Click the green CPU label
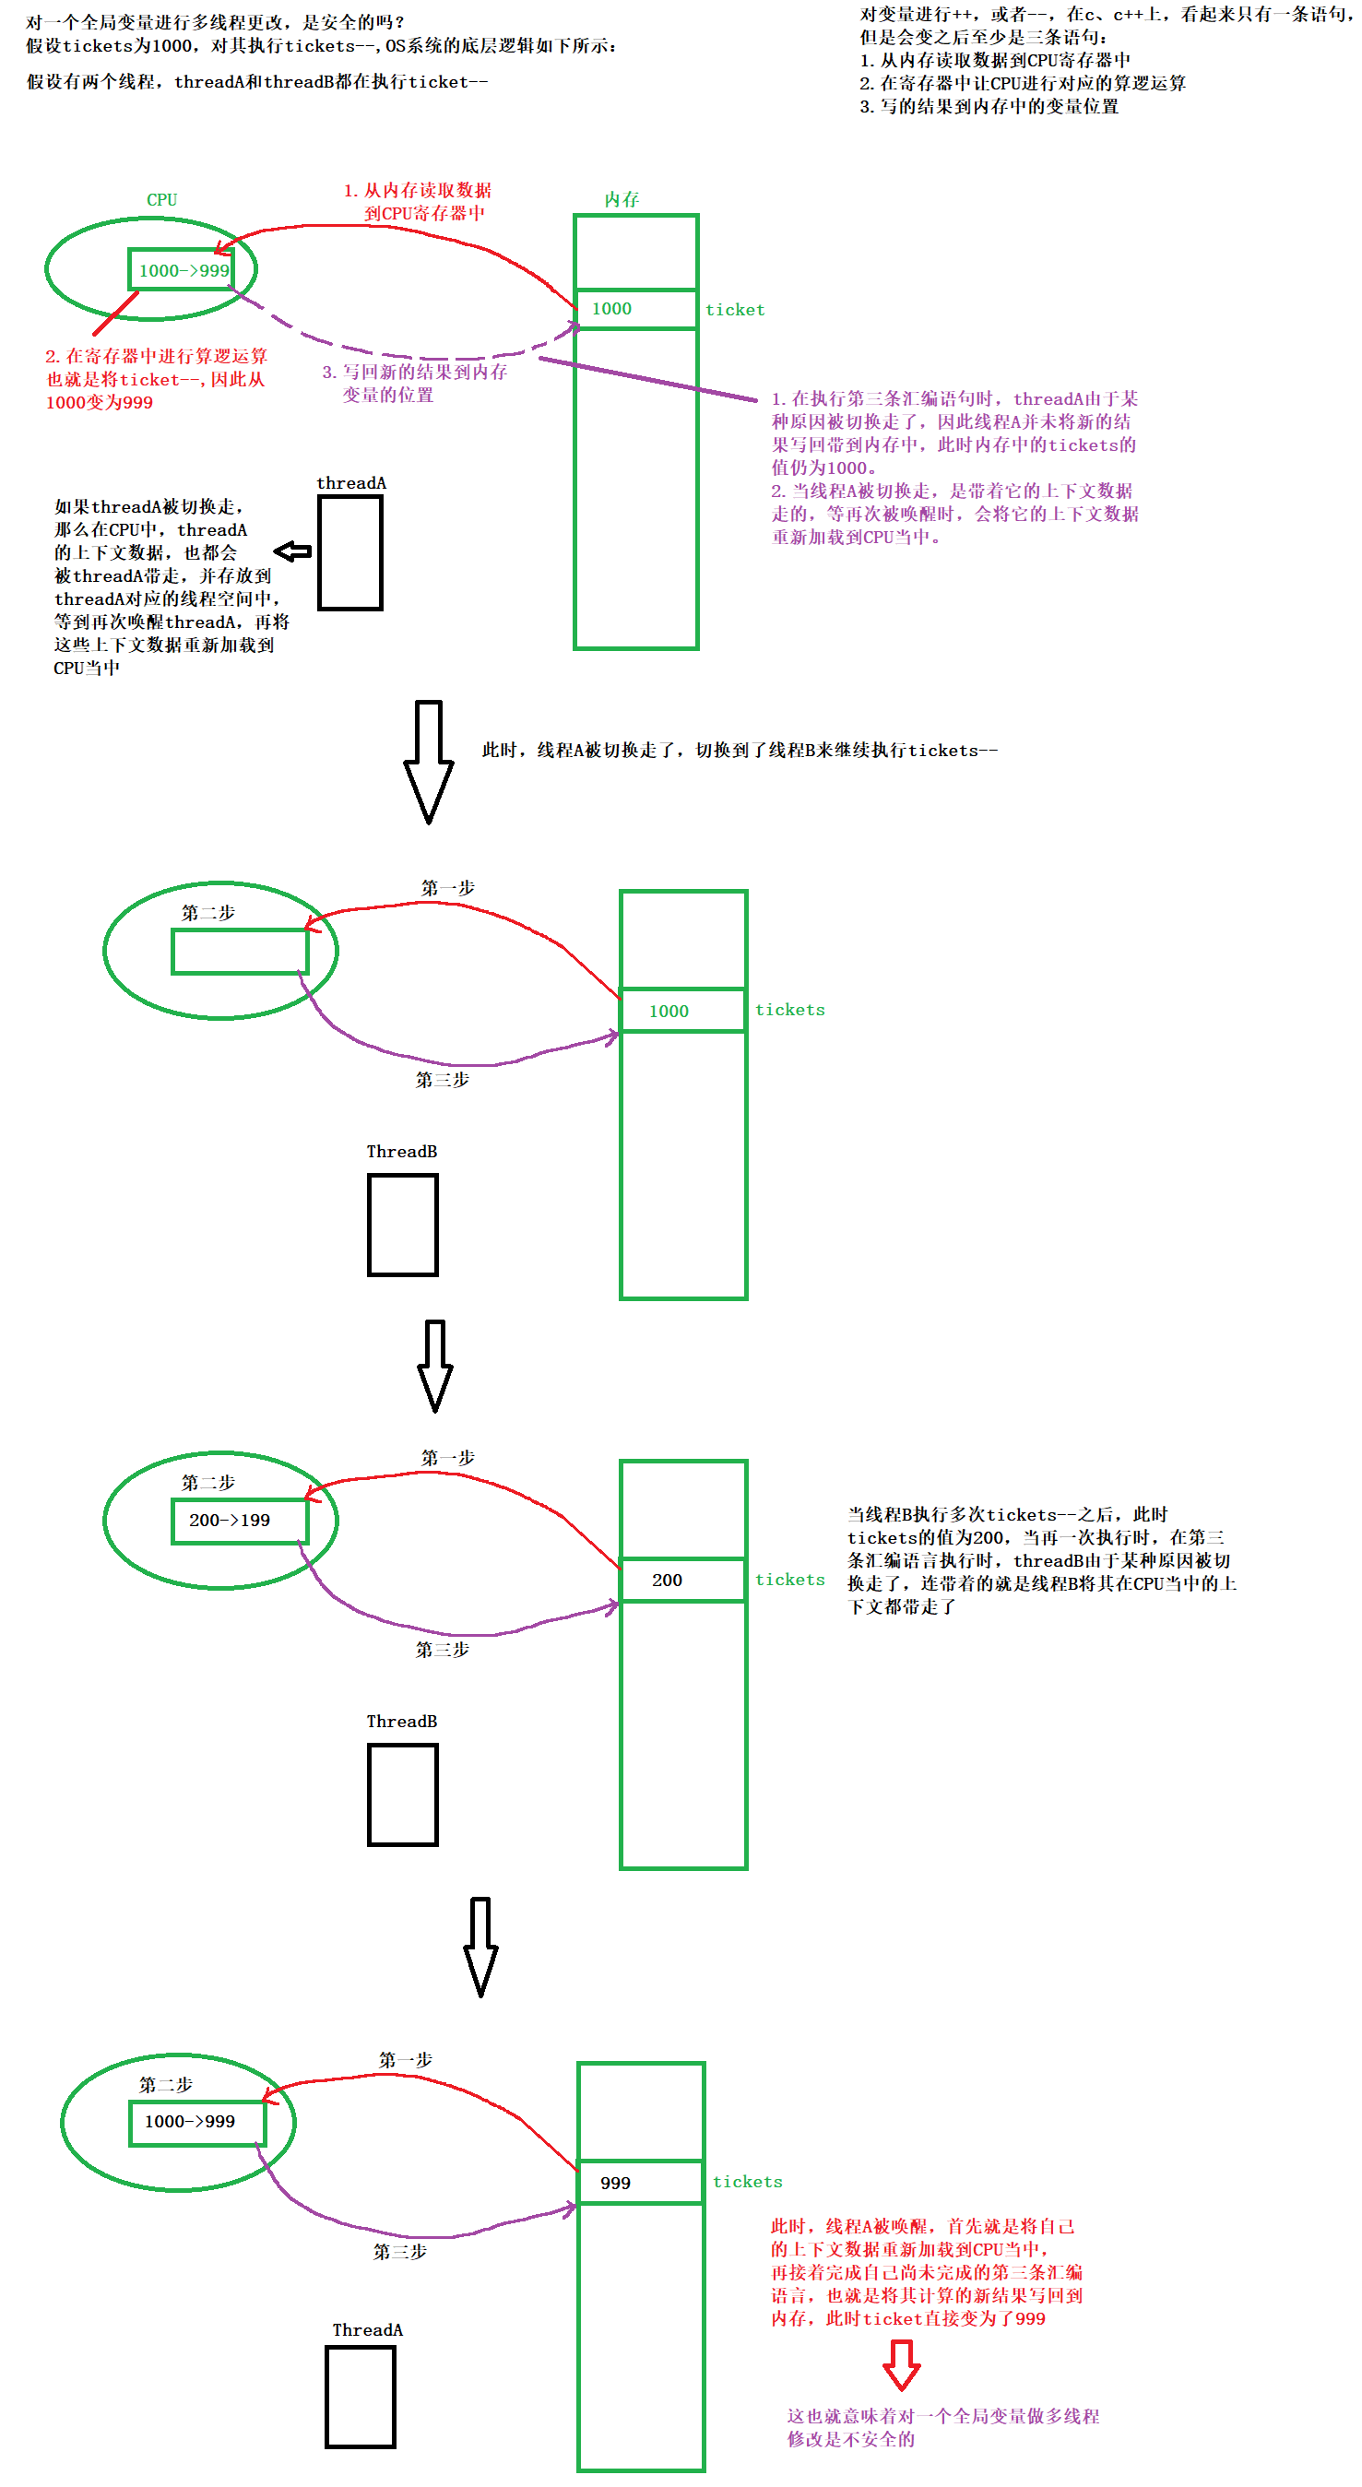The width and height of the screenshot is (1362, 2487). pyautogui.click(x=161, y=200)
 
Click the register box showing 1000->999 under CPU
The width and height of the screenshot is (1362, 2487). pyautogui.click(x=183, y=270)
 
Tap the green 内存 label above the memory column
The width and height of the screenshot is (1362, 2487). pyautogui.click(x=622, y=200)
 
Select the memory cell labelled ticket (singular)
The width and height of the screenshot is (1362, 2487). pyautogui.click(x=635, y=309)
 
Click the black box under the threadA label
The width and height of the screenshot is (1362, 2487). pyautogui.click(x=350, y=552)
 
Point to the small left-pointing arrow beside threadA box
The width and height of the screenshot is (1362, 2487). pyautogui.click(x=292, y=551)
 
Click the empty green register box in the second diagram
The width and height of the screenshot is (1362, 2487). pyautogui.click(x=240, y=952)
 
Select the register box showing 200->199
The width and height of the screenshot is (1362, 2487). pyautogui.click(x=240, y=1521)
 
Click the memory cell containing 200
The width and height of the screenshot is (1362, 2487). pyautogui.click(x=682, y=1581)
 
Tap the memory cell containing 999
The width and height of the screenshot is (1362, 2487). pyautogui.click(x=640, y=2183)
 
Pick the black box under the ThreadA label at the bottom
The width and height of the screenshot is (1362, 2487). pyautogui.click(x=360, y=2398)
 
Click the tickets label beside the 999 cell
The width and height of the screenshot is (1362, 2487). pyautogui.click(x=747, y=2182)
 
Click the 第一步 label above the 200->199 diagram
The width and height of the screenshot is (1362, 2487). pyautogui.click(x=447, y=1457)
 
